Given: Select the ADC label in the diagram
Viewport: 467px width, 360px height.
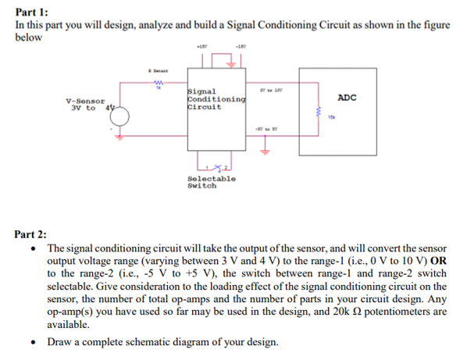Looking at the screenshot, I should (348, 98).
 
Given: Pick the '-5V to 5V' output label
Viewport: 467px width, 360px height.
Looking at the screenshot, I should (262, 129).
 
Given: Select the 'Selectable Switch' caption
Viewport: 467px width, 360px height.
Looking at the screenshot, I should (211, 183).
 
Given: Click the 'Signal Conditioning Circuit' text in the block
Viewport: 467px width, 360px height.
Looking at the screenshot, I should (216, 99).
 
